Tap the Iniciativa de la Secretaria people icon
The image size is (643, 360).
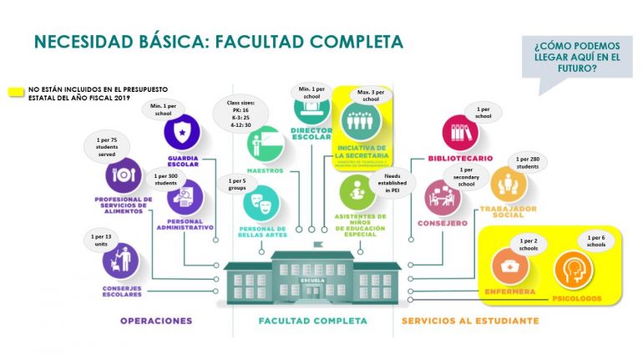click(362, 122)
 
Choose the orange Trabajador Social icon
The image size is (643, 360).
click(509, 185)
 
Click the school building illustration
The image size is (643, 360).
click(314, 274)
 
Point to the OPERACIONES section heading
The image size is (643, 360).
click(156, 321)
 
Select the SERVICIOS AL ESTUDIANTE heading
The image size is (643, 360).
click(470, 321)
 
